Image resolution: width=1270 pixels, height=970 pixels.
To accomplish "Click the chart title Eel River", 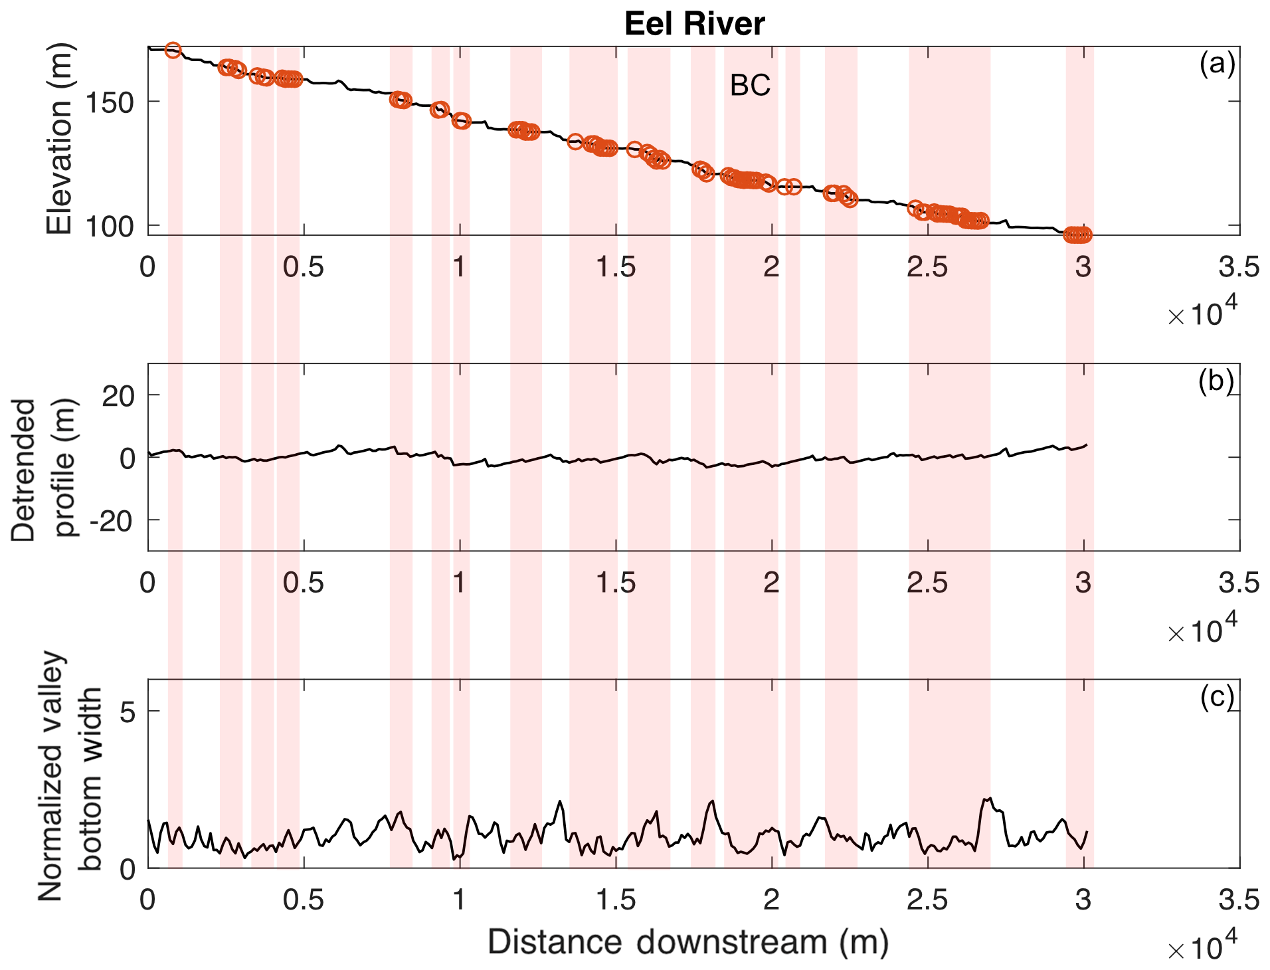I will [694, 24].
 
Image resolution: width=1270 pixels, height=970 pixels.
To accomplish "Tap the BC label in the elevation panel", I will [750, 85].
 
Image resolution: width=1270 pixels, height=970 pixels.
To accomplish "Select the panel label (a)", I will [1216, 64].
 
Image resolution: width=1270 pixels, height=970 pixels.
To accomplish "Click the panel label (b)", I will [1216, 381].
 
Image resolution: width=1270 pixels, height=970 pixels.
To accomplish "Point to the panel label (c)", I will [1216, 697].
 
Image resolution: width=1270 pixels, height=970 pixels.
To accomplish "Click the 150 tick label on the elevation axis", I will [110, 102].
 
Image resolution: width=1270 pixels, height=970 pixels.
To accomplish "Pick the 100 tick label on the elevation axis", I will [110, 227].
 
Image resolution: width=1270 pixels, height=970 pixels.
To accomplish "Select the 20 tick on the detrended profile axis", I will [118, 396].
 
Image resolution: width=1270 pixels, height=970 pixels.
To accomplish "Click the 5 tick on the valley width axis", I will [128, 712].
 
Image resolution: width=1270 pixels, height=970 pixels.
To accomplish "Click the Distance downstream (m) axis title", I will [688, 942].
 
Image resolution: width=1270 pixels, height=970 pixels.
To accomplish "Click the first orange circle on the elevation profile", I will [173, 50].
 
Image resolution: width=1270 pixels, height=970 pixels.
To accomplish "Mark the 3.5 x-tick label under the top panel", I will [1239, 267].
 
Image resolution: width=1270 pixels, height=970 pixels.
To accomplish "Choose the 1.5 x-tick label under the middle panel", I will [616, 583].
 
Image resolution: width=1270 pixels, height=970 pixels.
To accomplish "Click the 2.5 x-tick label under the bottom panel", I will [927, 900].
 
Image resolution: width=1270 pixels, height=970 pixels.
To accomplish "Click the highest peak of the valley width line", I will [990, 798].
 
